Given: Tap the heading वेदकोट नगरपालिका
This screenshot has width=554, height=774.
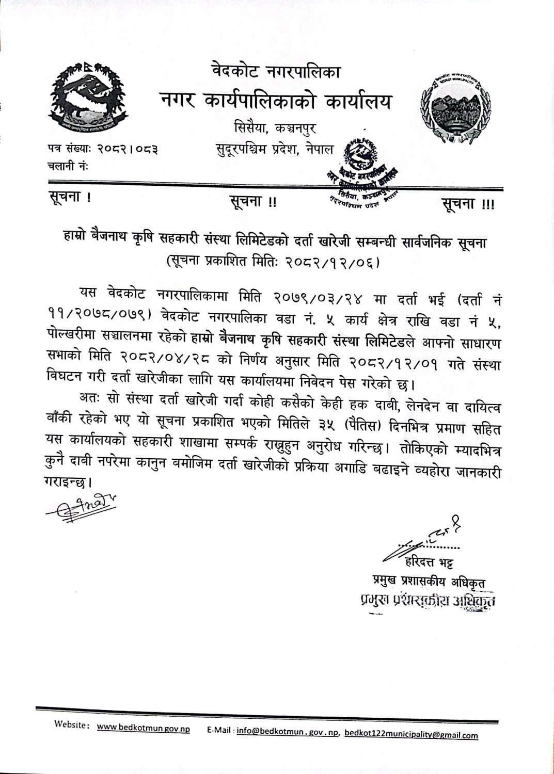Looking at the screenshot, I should pyautogui.click(x=276, y=71).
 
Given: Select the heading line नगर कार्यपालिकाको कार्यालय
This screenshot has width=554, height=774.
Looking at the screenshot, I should pyautogui.click(x=276, y=101).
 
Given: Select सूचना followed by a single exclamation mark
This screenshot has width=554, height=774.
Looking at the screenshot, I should pyautogui.click(x=70, y=197).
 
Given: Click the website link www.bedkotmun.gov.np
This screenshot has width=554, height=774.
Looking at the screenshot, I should pyautogui.click(x=143, y=728).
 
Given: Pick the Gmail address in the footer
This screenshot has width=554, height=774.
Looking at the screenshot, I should pyautogui.click(x=411, y=734).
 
